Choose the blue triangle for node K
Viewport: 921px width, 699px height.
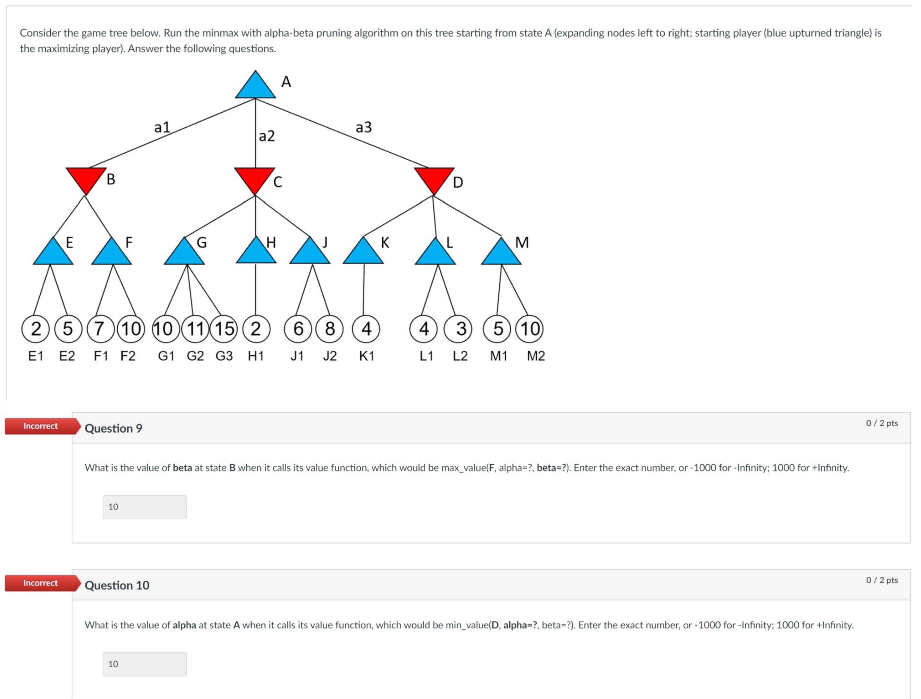click(x=363, y=253)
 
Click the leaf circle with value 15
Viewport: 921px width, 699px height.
click(x=224, y=329)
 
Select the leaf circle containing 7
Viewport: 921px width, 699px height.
click(x=99, y=329)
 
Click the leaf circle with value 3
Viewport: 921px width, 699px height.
click(x=458, y=329)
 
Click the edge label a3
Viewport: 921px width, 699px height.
click(x=364, y=127)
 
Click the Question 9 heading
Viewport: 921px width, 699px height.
click(x=113, y=428)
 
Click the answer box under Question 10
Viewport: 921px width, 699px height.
click(x=145, y=664)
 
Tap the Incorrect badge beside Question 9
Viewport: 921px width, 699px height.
click(x=41, y=426)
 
